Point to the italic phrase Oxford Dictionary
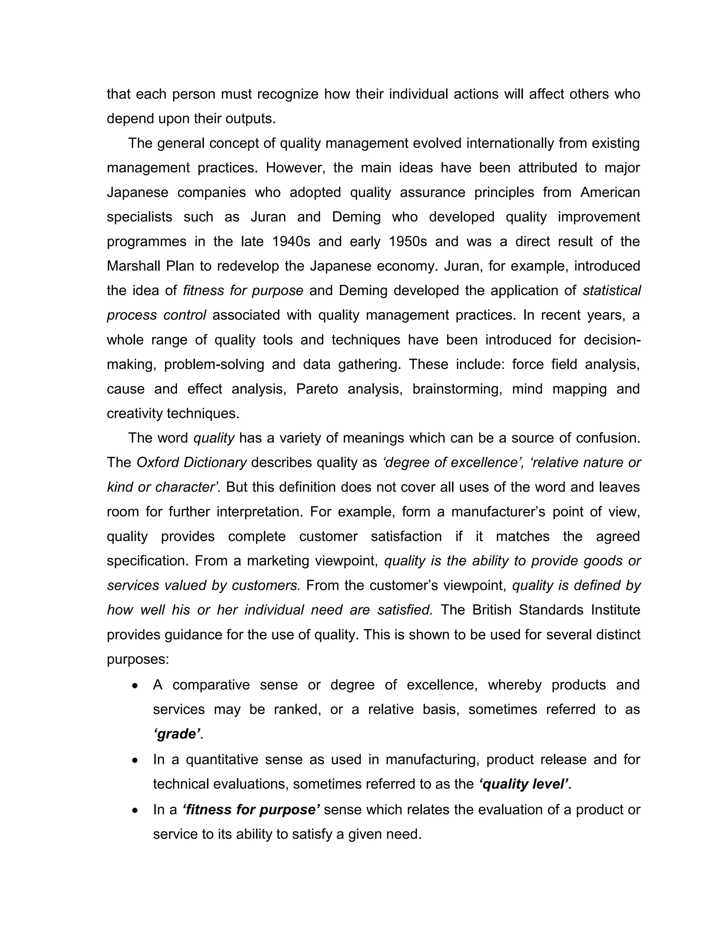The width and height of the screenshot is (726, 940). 191,462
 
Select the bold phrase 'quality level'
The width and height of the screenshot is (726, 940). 524,784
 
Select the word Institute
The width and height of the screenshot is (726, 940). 616,610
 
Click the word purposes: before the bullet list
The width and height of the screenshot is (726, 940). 138,659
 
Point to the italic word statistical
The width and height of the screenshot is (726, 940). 611,291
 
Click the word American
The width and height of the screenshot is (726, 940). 610,192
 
